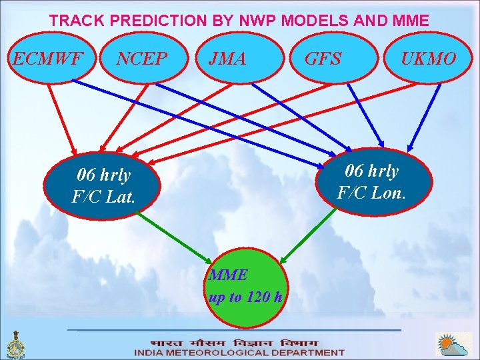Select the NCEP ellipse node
coord(141,59)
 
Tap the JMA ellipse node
coord(227,59)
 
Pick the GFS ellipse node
coord(323,59)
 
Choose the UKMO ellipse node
coord(428,59)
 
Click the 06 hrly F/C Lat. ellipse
coord(103,186)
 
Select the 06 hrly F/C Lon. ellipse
coord(376,181)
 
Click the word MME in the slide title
coord(411,21)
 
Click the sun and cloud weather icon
coord(453,345)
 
